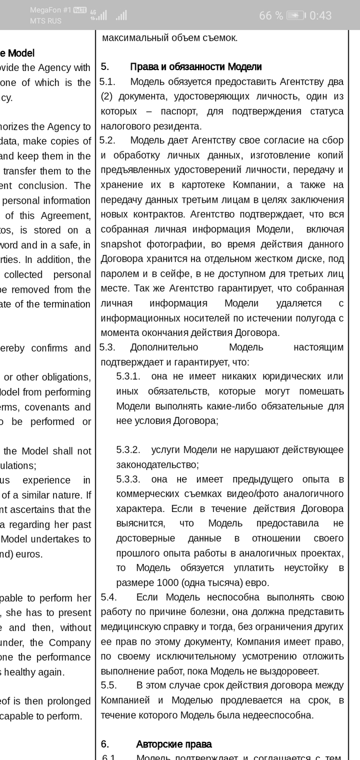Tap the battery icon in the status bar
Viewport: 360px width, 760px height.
click(296, 15)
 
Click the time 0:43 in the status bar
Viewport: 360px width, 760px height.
click(320, 15)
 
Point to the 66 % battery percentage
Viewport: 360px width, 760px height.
click(271, 15)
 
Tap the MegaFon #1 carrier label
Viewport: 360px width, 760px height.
click(50, 10)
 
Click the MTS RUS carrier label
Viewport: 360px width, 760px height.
click(45, 21)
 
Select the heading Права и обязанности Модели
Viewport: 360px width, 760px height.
click(196, 67)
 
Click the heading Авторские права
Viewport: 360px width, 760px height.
click(173, 744)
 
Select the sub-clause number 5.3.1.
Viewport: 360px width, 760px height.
click(128, 377)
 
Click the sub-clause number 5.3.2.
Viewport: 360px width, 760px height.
click(128, 450)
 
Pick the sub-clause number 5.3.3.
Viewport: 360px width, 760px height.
click(128, 480)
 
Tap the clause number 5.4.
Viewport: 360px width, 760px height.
click(109, 597)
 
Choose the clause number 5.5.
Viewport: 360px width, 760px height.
click(109, 685)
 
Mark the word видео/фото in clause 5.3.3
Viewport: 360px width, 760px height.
click(247, 494)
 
